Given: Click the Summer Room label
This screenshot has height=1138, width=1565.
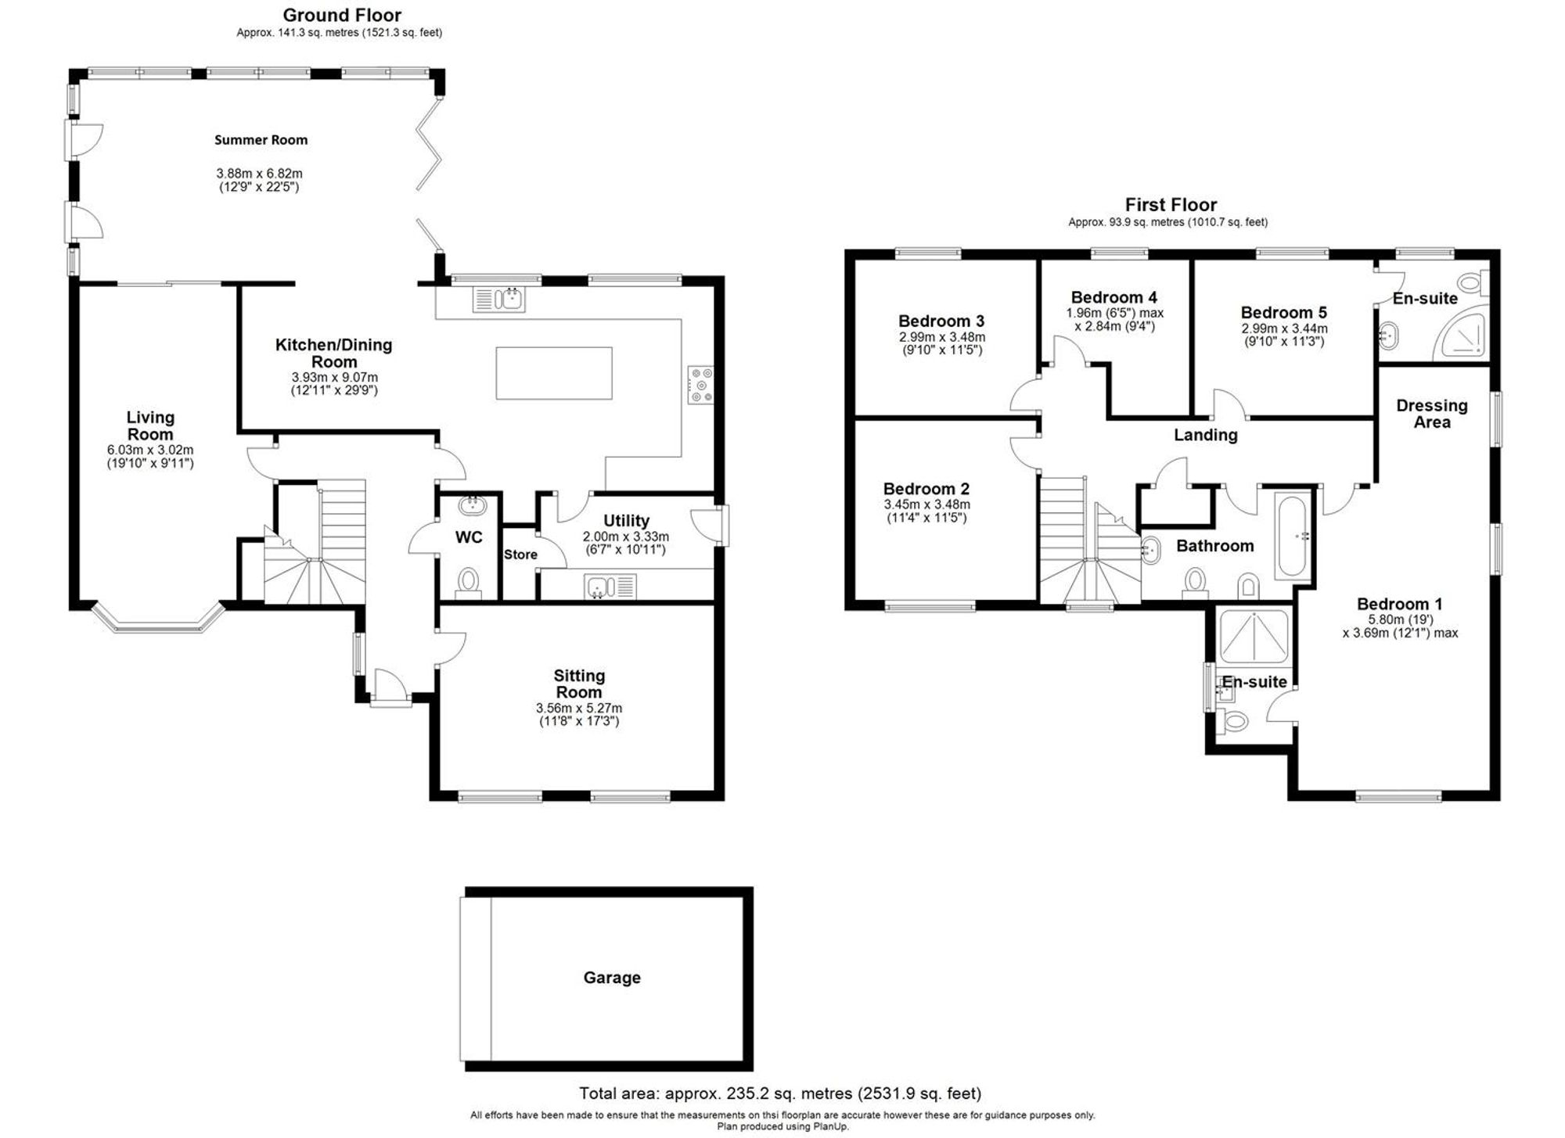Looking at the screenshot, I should (x=261, y=140).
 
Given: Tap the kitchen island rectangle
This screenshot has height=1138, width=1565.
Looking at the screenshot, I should (x=554, y=373).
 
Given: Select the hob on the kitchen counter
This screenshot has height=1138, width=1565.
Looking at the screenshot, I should (x=700, y=386).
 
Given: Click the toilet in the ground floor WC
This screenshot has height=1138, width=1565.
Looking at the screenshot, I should (x=469, y=582).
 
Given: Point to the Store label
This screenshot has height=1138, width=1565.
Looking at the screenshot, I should (x=520, y=555).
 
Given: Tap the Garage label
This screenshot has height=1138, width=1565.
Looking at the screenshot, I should (x=612, y=978).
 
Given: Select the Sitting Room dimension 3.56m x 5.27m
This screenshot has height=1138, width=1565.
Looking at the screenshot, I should (x=578, y=708).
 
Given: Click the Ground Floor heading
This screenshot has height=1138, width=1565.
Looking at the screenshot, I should (x=342, y=15).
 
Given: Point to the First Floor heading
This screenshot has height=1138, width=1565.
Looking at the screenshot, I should (x=1171, y=205).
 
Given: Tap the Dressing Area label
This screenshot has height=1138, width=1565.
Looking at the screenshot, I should (x=1432, y=414).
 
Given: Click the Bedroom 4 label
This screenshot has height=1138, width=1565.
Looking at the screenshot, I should (x=1113, y=297).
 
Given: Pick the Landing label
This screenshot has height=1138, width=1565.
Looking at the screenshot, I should (x=1205, y=435).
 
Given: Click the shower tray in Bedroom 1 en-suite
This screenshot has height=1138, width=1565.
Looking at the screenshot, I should (x=1254, y=636).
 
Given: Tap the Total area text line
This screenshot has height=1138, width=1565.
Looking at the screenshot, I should (x=779, y=1093).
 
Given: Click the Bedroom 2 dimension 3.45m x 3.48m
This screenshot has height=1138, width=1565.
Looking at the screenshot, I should (x=926, y=504).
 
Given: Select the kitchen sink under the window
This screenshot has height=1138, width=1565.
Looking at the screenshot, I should (x=500, y=299).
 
